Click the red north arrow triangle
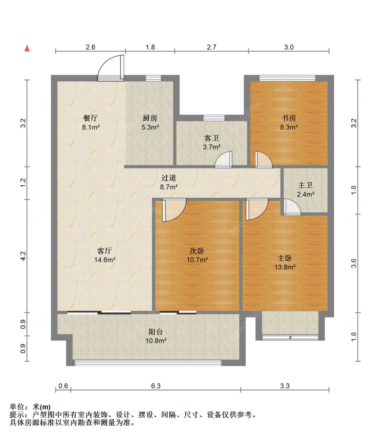point(27,48)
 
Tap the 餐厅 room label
point(90,118)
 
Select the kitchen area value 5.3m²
point(150,127)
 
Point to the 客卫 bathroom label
point(211,138)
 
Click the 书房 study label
point(288,118)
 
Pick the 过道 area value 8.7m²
point(169,187)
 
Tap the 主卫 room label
point(305,185)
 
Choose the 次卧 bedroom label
point(197,251)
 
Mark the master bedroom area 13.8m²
point(285,267)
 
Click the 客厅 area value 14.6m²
point(105,260)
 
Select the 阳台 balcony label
point(155,332)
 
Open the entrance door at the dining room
point(111,68)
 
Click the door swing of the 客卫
point(223,160)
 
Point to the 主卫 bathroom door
point(292,207)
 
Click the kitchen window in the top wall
point(153,78)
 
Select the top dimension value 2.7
point(211,47)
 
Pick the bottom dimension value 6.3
point(156,386)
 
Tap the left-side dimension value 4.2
point(23,256)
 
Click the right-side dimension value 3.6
point(354,263)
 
